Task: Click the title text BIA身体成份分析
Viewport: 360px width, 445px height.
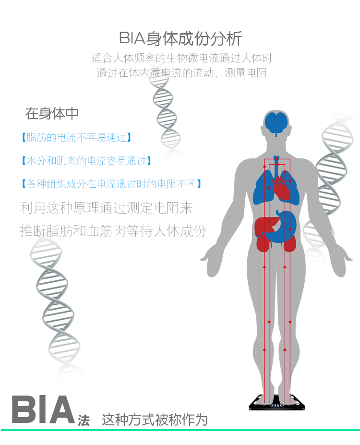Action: point(180,38)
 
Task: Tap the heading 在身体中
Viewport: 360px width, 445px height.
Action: point(52,113)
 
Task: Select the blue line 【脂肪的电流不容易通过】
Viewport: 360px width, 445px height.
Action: point(76,137)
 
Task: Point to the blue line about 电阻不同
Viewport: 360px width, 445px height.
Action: point(111,184)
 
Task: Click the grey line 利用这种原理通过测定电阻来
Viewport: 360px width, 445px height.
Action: point(107,208)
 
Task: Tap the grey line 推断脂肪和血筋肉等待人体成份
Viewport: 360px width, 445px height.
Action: point(113,231)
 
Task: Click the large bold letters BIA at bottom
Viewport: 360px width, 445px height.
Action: point(43,409)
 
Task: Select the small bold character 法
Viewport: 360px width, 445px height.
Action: point(84,421)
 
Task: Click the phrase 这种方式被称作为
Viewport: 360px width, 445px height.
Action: point(155,420)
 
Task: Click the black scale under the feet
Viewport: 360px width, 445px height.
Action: point(277,402)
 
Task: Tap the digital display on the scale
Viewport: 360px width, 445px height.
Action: point(277,406)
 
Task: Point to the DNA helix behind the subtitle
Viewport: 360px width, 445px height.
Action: point(166,112)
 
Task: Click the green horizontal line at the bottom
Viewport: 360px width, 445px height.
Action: point(180,430)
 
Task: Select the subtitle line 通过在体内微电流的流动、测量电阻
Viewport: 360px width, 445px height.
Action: point(181,73)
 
